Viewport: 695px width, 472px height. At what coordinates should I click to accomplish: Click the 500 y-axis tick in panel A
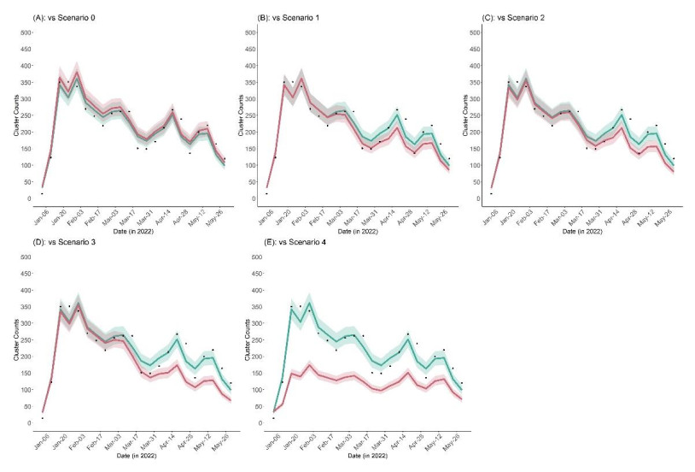coord(26,32)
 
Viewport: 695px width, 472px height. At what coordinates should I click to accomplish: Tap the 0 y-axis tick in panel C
coord(485,198)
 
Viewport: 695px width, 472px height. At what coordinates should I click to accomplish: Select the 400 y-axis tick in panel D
coord(26,291)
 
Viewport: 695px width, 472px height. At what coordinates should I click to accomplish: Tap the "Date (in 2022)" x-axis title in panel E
coord(352,457)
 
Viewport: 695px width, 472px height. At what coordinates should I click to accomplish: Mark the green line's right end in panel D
coord(231,390)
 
